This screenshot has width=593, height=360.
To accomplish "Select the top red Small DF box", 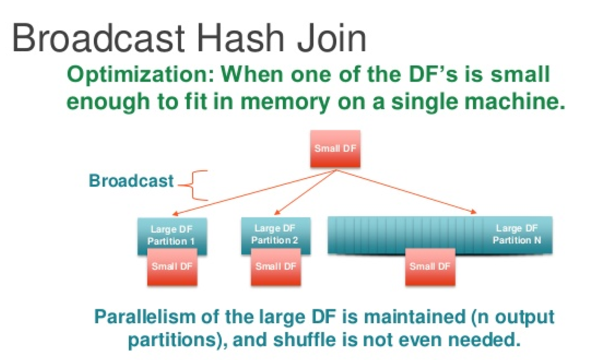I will (x=335, y=148).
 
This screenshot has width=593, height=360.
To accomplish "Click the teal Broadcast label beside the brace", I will (x=131, y=181).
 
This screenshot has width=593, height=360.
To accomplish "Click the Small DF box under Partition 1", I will (x=172, y=267).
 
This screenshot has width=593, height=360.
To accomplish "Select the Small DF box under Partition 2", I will (x=275, y=266).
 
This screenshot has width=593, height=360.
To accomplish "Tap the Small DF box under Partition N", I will (x=430, y=267).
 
